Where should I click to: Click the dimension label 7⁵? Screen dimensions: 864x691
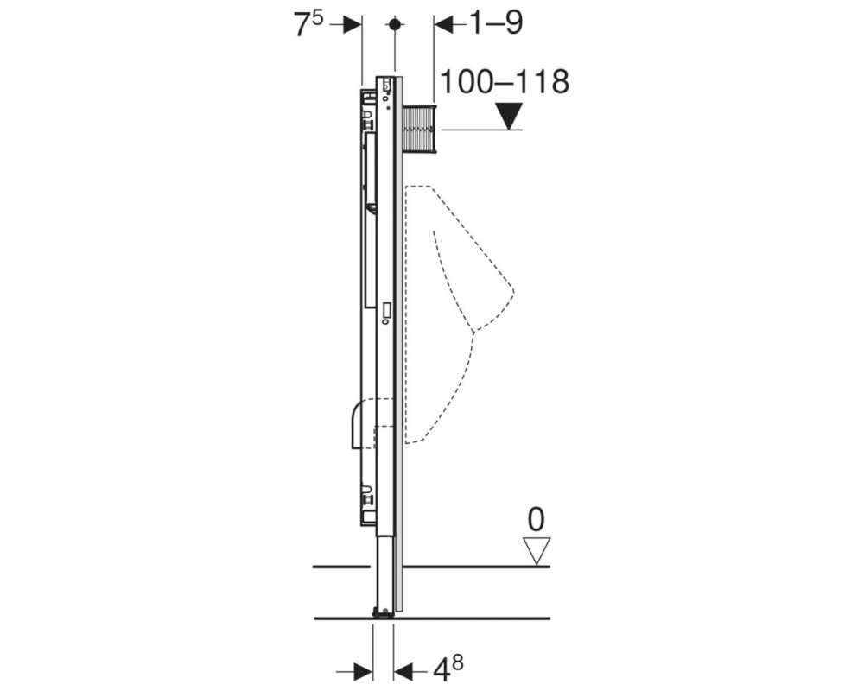point(308,24)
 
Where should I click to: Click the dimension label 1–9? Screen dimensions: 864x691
point(495,22)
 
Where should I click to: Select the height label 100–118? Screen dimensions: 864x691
point(505,81)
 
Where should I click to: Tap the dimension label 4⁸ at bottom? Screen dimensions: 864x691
point(447,669)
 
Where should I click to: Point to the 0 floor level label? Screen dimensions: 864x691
point(536,520)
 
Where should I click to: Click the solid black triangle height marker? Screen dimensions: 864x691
point(508,116)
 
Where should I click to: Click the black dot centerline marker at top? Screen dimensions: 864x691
point(395,24)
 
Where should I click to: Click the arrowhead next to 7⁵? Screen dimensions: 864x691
point(353,24)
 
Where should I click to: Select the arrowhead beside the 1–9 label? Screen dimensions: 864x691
point(443,24)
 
